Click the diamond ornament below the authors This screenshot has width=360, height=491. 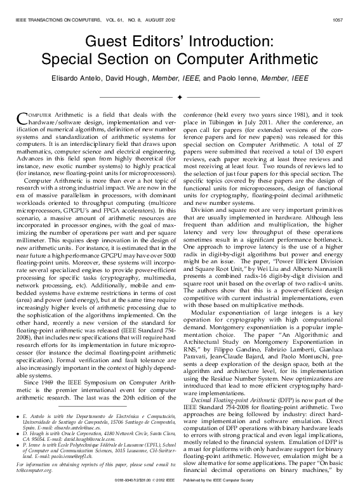pyautogui.click(x=180, y=97)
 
